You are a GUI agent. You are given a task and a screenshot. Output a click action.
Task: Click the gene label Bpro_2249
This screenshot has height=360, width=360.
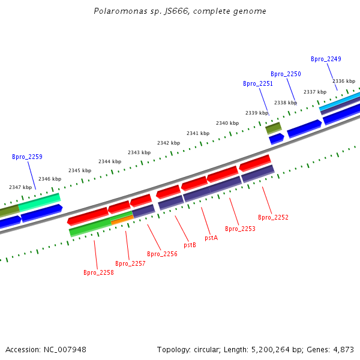pyautogui.click(x=326, y=59)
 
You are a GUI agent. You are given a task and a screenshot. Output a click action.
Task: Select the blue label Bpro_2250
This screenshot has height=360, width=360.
pyautogui.click(x=286, y=74)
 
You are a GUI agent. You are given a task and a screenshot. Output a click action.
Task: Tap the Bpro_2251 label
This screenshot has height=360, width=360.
pyautogui.click(x=258, y=84)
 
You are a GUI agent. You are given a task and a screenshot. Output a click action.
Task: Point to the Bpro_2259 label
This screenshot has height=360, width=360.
pyautogui.click(x=27, y=157)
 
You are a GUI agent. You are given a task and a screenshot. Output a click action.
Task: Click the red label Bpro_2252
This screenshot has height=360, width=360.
pyautogui.click(x=273, y=217)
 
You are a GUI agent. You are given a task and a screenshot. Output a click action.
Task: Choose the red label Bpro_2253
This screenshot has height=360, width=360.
pyautogui.click(x=240, y=229)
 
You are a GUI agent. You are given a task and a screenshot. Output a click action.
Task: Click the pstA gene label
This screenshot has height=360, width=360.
pyautogui.click(x=211, y=238)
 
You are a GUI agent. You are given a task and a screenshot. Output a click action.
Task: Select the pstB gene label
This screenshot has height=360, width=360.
pyautogui.click(x=190, y=245)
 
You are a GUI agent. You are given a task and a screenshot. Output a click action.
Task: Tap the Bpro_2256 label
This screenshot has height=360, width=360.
pyautogui.click(x=162, y=254)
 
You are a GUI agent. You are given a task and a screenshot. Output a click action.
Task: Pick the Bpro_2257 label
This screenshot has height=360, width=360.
pyautogui.click(x=130, y=263)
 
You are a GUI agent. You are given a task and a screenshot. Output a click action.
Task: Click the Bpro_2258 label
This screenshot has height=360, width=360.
pyautogui.click(x=98, y=272)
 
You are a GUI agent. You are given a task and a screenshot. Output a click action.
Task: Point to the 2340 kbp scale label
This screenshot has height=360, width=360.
pyautogui.click(x=227, y=123)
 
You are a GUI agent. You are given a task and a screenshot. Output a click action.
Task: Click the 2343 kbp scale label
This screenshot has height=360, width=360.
pyautogui.click(x=139, y=152)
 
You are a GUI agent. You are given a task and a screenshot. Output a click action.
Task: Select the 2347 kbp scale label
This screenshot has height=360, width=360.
pyautogui.click(x=20, y=187)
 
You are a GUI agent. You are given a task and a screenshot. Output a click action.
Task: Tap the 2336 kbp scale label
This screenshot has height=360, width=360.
pyautogui.click(x=344, y=81)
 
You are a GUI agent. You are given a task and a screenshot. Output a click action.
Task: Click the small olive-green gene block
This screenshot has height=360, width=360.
pyautogui.click(x=274, y=128)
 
